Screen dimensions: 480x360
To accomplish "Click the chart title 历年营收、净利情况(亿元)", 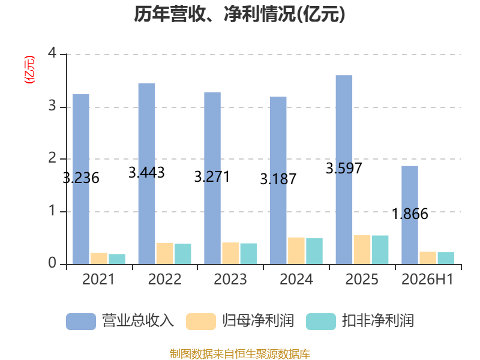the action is (239, 14).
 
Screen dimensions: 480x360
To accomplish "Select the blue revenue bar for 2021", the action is (81, 179).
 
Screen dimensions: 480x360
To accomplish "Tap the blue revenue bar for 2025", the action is (344, 170).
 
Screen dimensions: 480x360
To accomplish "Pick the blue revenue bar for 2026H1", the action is (410, 215).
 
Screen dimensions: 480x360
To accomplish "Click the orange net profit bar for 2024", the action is (296, 251).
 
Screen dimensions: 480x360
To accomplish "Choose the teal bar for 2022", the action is (183, 254).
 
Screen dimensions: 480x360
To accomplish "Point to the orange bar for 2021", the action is (99, 259).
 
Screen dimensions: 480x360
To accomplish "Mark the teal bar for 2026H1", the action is (446, 258).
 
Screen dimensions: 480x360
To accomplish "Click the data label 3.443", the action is (146, 173).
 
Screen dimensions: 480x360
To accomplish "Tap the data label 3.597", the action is (344, 169).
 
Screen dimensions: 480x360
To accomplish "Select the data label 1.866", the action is (410, 214).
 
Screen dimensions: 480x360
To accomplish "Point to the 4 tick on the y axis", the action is (52, 53).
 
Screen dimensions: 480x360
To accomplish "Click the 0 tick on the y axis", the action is (52, 263).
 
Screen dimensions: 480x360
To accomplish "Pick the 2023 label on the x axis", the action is (230, 279).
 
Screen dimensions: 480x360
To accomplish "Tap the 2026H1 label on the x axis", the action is (427, 279).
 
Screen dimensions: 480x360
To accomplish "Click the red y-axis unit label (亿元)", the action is (29, 70).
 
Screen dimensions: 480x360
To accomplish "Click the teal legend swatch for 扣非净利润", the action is (321, 322).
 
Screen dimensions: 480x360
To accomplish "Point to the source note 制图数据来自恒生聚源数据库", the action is (240, 354).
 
